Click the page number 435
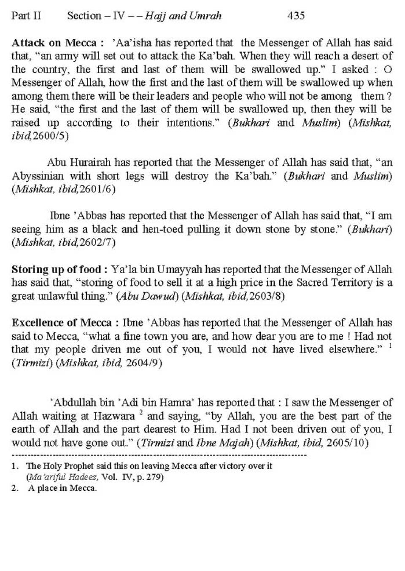[296, 16]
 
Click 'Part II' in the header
[26, 16]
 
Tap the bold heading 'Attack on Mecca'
[54, 43]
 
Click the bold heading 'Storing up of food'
[56, 269]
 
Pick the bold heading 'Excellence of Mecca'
[62, 323]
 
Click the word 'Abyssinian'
[38, 176]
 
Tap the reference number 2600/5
[52, 136]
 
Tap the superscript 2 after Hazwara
[141, 413]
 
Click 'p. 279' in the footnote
[150, 477]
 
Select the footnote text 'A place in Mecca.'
[62, 488]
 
